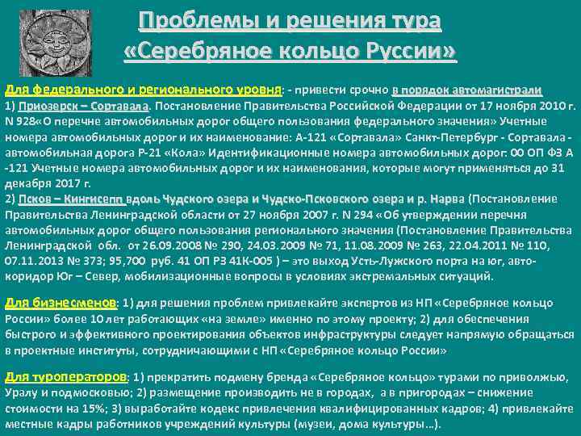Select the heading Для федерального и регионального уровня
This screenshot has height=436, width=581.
pos(142,90)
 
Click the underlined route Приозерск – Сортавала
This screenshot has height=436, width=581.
pos(82,106)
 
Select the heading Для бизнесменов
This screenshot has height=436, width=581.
pos(61,303)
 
